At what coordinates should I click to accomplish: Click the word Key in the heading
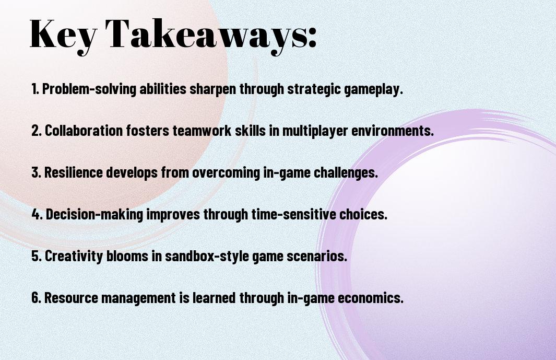click(x=63, y=35)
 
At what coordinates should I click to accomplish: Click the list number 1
click(x=35, y=89)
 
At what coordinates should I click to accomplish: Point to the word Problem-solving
click(x=89, y=89)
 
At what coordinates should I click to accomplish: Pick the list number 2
click(x=36, y=131)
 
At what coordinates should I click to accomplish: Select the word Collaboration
click(x=84, y=130)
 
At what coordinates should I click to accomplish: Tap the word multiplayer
click(x=315, y=131)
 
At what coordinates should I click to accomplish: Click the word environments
click(x=393, y=131)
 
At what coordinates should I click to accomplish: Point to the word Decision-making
click(x=94, y=214)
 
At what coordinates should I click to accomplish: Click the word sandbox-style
click(x=207, y=256)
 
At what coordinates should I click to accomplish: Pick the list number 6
click(x=36, y=297)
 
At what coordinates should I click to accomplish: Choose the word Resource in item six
click(x=71, y=298)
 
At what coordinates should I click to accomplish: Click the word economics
click(x=371, y=298)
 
